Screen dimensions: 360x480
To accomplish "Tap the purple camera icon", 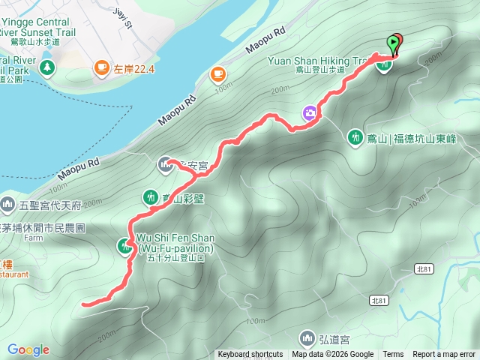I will click(x=309, y=113).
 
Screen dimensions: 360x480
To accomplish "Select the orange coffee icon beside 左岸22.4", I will click(x=101, y=69).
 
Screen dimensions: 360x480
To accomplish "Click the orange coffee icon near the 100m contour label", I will click(x=217, y=73).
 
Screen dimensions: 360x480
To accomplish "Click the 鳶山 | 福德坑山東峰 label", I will click(x=410, y=138).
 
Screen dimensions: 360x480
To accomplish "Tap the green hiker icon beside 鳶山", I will click(x=354, y=137).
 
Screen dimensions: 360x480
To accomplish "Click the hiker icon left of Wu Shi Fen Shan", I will click(x=124, y=245).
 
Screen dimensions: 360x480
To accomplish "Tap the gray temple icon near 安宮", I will click(x=165, y=163).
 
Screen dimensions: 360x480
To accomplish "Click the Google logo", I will click(x=28, y=349).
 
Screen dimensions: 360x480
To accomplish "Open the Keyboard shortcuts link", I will click(x=250, y=355).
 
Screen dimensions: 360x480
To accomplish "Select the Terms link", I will click(x=393, y=355).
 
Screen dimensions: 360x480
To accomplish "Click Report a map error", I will click(x=444, y=355).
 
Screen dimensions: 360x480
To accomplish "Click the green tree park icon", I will click(x=47, y=67).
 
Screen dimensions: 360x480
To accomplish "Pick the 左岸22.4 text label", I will click(x=134, y=69).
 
